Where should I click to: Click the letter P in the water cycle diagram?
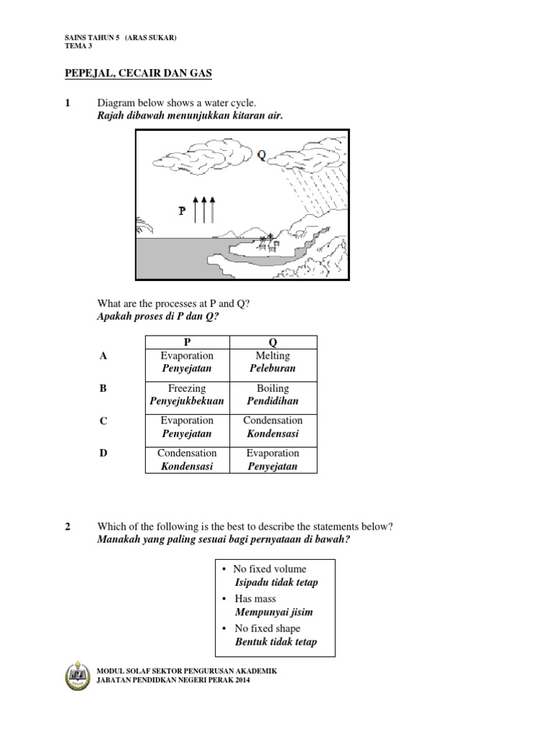tap(183, 211)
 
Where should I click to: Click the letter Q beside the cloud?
tap(261, 154)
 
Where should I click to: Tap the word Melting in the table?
tap(272, 356)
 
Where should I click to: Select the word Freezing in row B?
tap(187, 388)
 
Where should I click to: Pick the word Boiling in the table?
tap(272, 388)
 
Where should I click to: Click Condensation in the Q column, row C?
tap(272, 420)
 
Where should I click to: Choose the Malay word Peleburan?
tap(272, 369)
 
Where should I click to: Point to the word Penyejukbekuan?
tap(187, 401)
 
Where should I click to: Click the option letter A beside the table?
tap(103, 356)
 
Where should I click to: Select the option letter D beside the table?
tap(103, 453)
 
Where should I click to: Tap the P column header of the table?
tap(187, 343)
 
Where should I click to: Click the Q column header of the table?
tap(272, 343)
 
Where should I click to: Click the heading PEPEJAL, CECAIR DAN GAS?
tap(135, 74)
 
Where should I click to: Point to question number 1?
tap(68, 103)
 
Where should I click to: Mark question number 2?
tap(68, 526)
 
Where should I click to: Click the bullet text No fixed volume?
tap(270, 569)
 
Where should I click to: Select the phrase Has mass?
tap(255, 599)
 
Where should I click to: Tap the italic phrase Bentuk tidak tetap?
tap(275, 642)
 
